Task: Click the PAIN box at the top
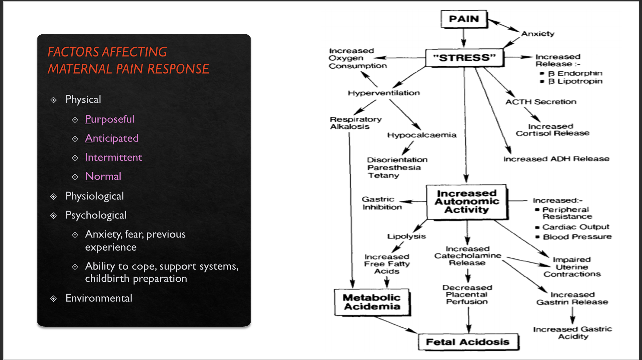pyautogui.click(x=464, y=19)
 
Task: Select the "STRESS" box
pyautogui.click(x=464, y=58)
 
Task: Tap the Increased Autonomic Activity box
pyautogui.click(x=467, y=202)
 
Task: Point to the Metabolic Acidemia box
pyautogui.click(x=372, y=302)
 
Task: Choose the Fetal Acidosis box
pyautogui.click(x=468, y=342)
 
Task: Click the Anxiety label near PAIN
pyautogui.click(x=538, y=34)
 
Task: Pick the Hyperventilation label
pyautogui.click(x=384, y=93)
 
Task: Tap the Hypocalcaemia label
pyautogui.click(x=422, y=135)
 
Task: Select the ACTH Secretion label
pyautogui.click(x=541, y=102)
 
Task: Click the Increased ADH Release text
pyautogui.click(x=556, y=159)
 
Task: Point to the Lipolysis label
pyautogui.click(x=406, y=236)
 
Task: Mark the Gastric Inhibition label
pyautogui.click(x=382, y=203)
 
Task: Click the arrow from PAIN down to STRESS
pyautogui.click(x=463, y=38)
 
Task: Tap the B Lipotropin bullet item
pyautogui.click(x=575, y=81)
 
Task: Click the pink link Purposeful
pyautogui.click(x=109, y=119)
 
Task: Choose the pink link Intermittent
pyautogui.click(x=113, y=157)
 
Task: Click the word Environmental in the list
pyautogui.click(x=99, y=298)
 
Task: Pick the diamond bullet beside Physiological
pyautogui.click(x=53, y=197)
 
